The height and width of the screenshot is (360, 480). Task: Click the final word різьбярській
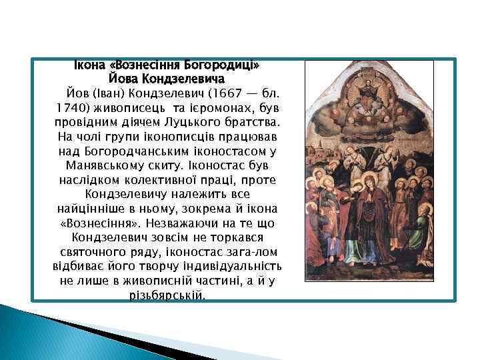(167, 295)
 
